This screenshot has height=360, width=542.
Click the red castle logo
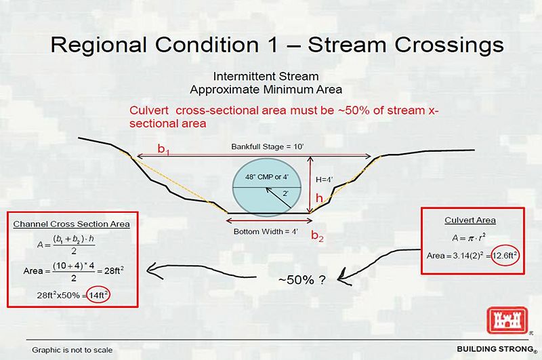(507, 320)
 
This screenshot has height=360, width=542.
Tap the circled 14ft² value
(98, 295)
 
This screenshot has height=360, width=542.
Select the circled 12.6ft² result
(505, 256)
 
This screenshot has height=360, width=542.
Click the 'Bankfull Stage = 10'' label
(267, 146)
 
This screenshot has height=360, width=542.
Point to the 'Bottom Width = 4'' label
(266, 231)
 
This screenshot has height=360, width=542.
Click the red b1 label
(163, 149)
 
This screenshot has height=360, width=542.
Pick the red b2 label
(317, 235)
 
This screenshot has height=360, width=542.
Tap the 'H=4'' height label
(325, 180)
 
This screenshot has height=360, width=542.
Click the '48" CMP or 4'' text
(266, 177)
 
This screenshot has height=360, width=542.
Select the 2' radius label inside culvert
(285, 194)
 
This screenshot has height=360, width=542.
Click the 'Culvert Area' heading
(470, 220)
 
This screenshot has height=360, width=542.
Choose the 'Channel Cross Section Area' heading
(72, 224)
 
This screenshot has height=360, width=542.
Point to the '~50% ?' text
(301, 279)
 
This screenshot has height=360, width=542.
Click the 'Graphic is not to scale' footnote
(72, 350)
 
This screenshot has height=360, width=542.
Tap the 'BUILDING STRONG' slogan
(495, 349)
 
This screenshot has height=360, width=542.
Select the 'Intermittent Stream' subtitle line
(266, 76)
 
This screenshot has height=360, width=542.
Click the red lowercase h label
(319, 198)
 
